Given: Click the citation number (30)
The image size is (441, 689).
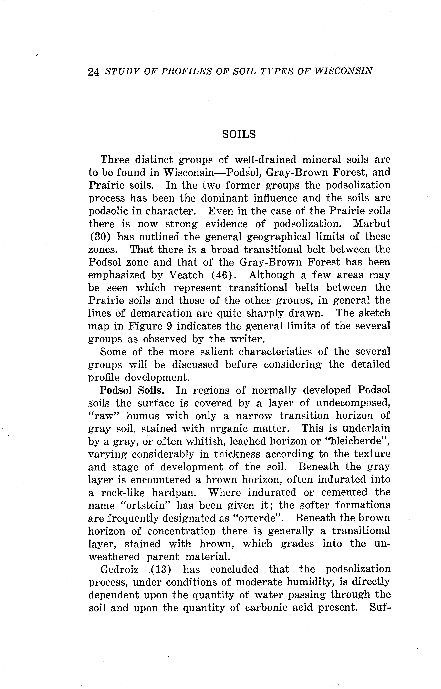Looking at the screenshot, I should pos(98,237).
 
